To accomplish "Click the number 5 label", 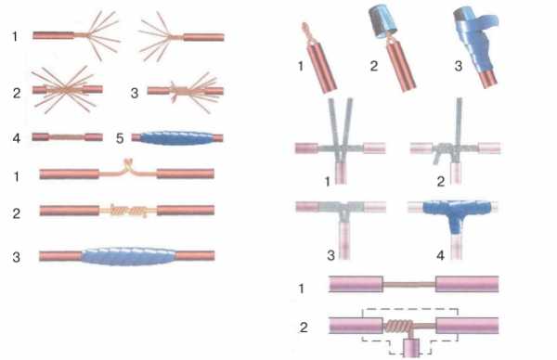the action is (120, 138).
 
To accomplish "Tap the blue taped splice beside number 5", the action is (175, 138).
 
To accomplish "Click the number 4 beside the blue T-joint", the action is (440, 254).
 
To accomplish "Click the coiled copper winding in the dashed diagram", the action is (398, 326).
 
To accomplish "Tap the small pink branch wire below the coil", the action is (411, 347).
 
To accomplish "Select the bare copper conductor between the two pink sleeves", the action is (409, 285).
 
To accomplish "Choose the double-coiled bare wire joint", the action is (128, 211).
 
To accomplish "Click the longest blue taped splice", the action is (129, 256).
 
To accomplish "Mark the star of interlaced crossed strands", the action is (65, 89).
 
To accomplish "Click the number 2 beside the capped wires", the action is (374, 66).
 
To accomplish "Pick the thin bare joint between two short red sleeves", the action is (67, 136).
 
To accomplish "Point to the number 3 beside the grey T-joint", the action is (330, 255).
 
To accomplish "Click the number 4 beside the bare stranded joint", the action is (17, 138).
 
